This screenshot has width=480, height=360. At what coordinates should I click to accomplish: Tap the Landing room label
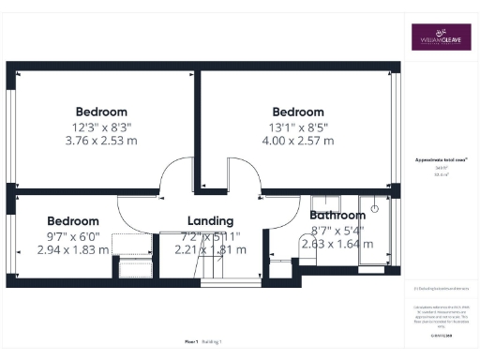210,221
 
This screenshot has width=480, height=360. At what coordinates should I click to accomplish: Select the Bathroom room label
337,215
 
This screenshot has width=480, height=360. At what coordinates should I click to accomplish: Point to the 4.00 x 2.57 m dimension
298,142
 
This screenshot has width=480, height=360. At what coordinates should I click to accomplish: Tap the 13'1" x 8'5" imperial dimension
298,127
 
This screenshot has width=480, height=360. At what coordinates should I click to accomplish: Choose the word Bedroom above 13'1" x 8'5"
298,112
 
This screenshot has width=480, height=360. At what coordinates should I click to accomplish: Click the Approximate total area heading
434,161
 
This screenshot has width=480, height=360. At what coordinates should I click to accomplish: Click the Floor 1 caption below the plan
190,341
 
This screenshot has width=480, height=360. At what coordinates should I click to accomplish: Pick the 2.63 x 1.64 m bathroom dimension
337,244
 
